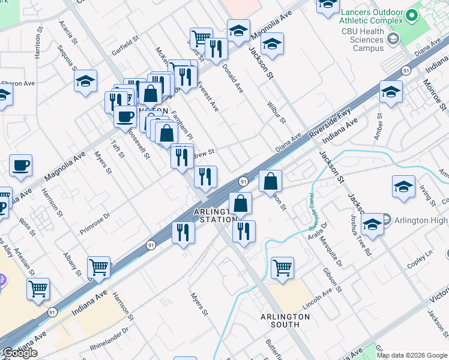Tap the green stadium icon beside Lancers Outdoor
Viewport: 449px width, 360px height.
coord(412,14)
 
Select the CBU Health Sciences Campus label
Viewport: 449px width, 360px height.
coord(362,40)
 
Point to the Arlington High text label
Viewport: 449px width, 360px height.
coord(421,221)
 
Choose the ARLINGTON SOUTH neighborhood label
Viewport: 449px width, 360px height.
coord(280,320)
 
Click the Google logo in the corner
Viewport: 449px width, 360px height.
coord(20,353)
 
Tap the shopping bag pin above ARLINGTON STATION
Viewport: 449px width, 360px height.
coord(240,203)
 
